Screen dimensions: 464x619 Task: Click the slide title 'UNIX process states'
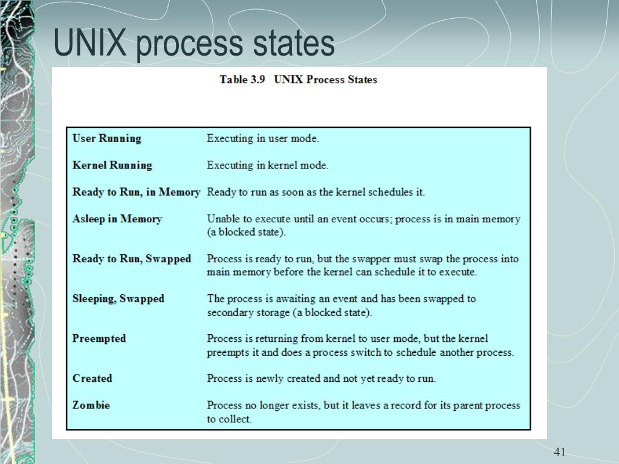193,43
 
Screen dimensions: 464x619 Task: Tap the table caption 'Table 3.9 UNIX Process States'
298,80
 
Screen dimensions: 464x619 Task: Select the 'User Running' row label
106,138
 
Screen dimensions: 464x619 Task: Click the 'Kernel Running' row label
112,165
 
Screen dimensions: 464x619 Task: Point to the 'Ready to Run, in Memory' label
136,192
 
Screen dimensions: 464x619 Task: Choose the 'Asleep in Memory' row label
117,219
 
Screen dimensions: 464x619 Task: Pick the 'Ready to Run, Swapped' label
131,259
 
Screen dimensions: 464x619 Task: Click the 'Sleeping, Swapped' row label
118,298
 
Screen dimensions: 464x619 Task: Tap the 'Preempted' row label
99,338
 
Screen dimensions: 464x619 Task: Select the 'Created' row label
92,378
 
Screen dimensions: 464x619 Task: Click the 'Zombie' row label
91,405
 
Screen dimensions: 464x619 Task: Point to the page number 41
559,452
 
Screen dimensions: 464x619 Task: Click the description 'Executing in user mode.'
263,138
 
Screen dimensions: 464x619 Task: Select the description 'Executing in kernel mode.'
268,165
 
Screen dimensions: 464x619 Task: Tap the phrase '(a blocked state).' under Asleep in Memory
247,232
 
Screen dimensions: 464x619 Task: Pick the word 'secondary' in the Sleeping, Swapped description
229,312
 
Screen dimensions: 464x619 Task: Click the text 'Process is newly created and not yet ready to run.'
321,378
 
